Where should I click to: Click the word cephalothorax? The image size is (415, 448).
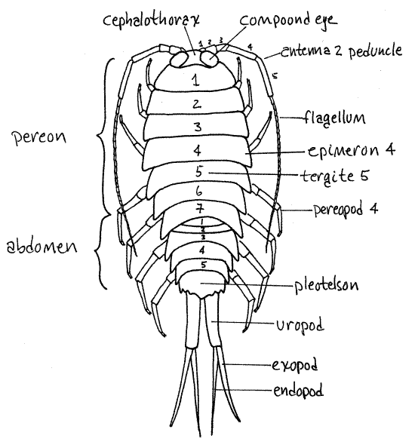151,21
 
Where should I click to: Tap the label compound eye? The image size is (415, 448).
288,20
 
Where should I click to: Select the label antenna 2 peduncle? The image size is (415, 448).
342,51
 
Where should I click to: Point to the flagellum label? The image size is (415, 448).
334,118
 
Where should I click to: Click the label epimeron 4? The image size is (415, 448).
352,150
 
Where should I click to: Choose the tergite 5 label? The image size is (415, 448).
335,176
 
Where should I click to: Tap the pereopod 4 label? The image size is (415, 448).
346,210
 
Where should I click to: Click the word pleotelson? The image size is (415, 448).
327,285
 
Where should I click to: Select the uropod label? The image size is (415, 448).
300,325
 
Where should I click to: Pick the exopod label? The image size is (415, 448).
294,365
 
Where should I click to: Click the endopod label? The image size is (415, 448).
298,390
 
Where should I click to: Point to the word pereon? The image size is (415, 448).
39,138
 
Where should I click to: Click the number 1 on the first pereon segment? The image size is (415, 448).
195,80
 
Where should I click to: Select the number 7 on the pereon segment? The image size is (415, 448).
199,210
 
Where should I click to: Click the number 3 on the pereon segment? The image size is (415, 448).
198,126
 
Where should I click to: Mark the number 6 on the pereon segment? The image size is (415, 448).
199,191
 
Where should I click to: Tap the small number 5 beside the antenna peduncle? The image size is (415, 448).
275,76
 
